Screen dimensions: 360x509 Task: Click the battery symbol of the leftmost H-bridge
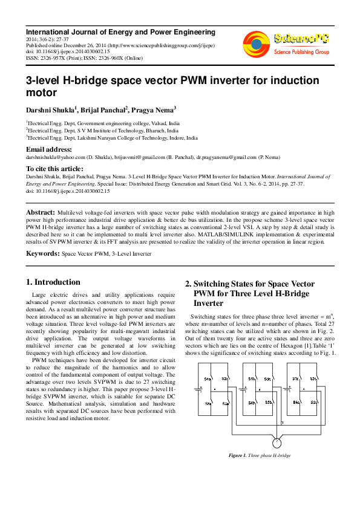pos(199,390)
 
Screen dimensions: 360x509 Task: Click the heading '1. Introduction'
pos(53,282)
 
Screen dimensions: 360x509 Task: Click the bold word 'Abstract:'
pos(40,213)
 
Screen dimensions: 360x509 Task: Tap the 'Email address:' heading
pos(48,149)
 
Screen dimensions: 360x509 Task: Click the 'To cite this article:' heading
pos(54,169)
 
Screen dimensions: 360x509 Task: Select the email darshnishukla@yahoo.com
pos(53,157)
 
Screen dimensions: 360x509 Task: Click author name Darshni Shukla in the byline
pos(50,110)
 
